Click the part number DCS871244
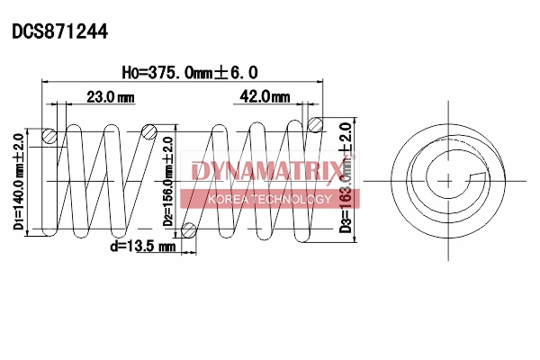pyautogui.click(x=59, y=31)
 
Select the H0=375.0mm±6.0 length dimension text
pyautogui.click(x=189, y=72)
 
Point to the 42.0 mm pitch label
pyautogui.click(x=265, y=96)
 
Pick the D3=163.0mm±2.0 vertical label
pyautogui.click(x=345, y=178)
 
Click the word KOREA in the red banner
pyautogui.click(x=229, y=199)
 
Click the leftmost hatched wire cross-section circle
pyautogui.click(x=50, y=137)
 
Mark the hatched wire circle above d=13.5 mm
pyautogui.click(x=189, y=229)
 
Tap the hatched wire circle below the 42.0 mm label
pyautogui.click(x=315, y=124)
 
